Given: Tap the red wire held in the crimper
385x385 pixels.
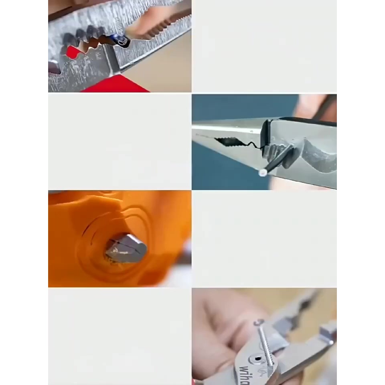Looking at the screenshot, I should click(73, 52).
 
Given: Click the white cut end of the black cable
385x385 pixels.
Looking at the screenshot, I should click(263, 173).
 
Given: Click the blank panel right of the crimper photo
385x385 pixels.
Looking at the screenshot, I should click(264, 46).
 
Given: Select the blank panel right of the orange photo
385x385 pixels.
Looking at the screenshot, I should click(264, 239).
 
